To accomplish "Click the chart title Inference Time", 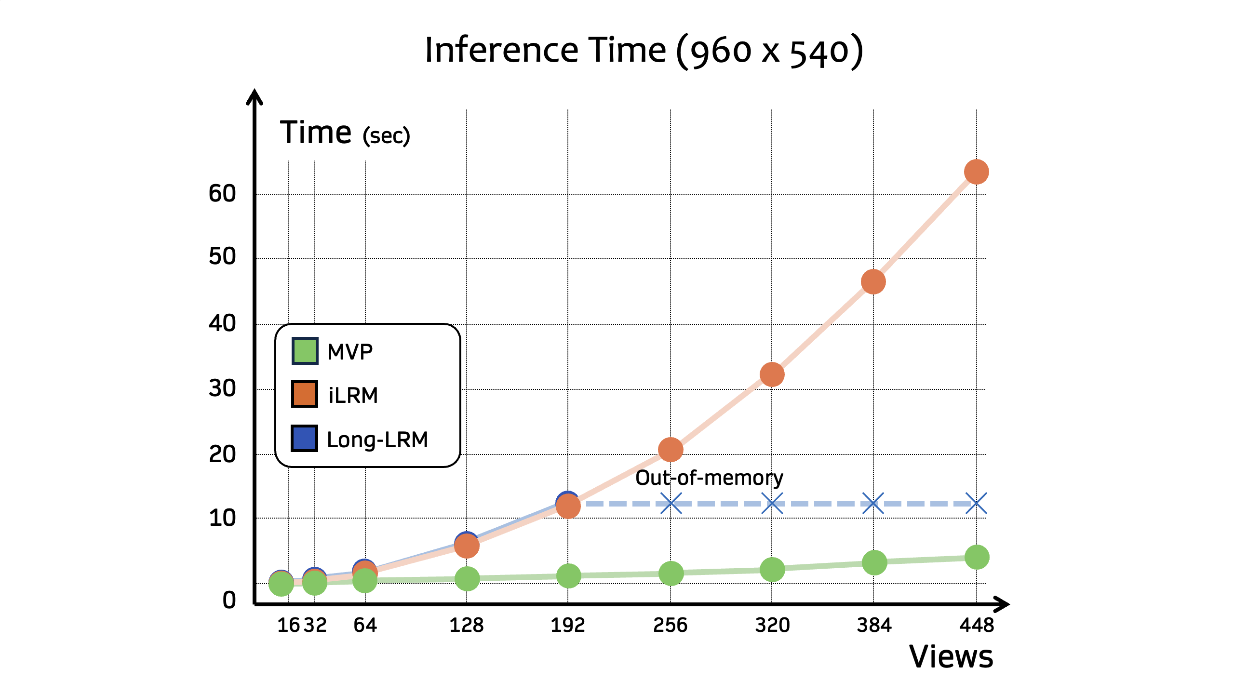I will (x=644, y=51).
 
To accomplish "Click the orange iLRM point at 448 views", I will (x=976, y=172).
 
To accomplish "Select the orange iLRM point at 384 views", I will (x=873, y=282).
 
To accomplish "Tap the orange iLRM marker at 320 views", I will (x=772, y=374).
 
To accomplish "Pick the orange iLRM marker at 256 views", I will (x=671, y=450).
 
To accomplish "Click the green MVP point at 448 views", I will (x=977, y=557).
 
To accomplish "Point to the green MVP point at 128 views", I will (x=467, y=578).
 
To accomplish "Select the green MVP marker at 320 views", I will (x=772, y=570).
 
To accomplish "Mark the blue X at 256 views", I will (x=671, y=504).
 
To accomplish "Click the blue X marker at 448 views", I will (x=976, y=504).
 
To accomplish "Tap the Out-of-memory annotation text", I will (x=709, y=478).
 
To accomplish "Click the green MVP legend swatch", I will (x=305, y=351).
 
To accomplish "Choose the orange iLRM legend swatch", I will (x=305, y=394).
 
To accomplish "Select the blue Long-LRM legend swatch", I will (x=305, y=439).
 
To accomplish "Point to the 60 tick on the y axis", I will (x=222, y=194).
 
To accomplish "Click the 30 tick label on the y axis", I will (x=222, y=388).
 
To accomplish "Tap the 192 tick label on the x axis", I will (x=568, y=625).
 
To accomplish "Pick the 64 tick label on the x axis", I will (x=365, y=625).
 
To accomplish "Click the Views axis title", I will (x=951, y=656).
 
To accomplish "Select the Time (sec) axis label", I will (x=345, y=133).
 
